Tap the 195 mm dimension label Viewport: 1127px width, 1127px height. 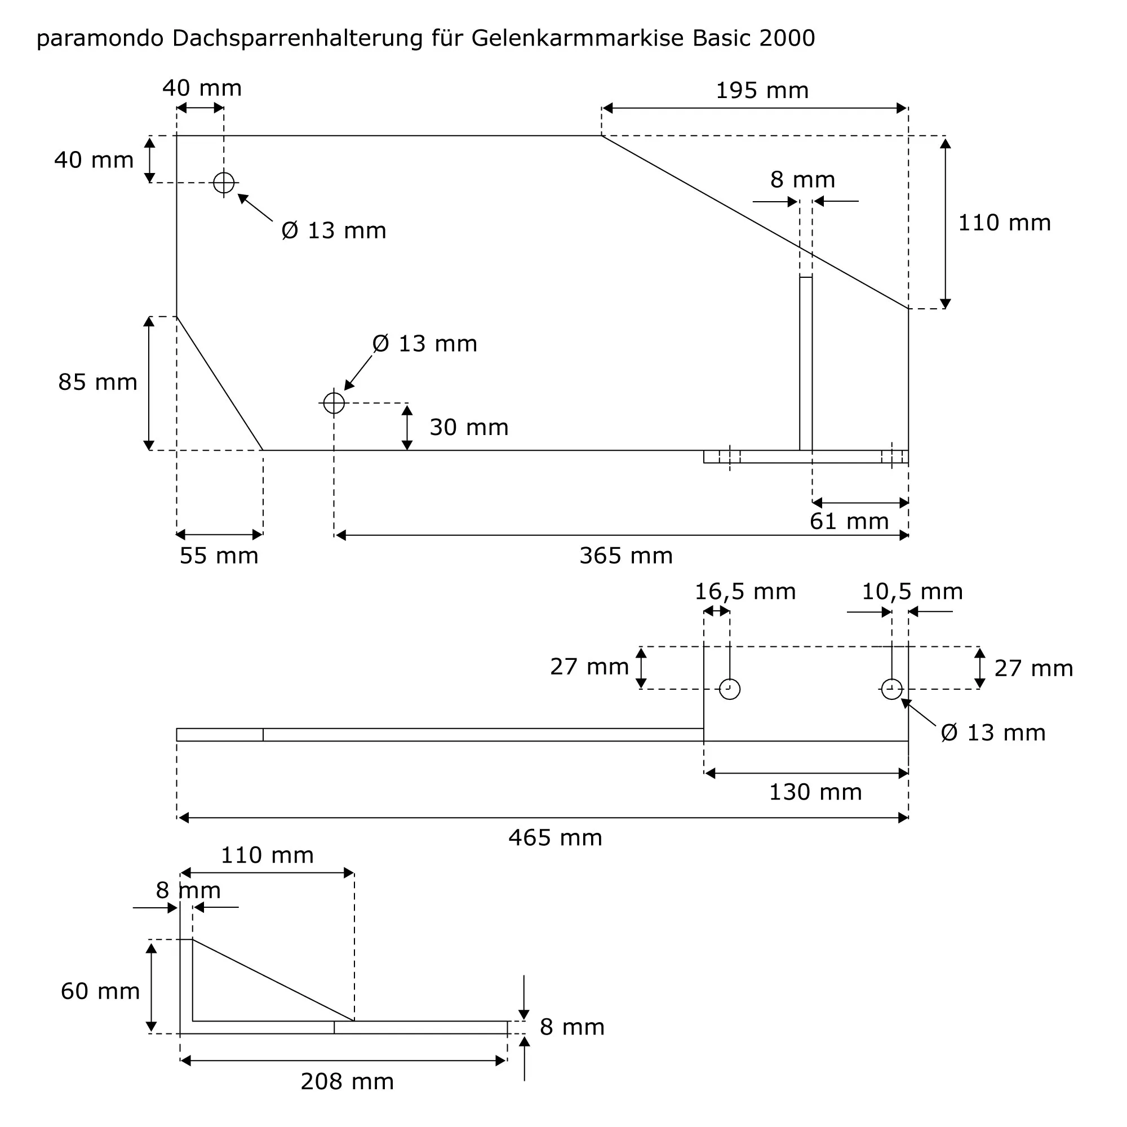pos(762,90)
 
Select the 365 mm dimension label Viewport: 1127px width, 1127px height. pos(625,556)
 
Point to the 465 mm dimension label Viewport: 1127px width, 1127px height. pos(554,838)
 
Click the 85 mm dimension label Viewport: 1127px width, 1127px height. pos(97,382)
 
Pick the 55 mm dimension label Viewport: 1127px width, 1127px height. pos(219,556)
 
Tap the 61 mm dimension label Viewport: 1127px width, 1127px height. pos(849,521)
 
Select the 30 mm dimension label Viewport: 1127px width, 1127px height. pos(469,427)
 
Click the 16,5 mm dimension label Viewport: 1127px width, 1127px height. pos(745,592)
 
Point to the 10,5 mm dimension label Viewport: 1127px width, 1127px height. pos(912,592)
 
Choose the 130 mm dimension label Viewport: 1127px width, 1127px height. pos(815,792)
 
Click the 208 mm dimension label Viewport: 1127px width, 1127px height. pos(347,1081)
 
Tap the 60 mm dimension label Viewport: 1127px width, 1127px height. pos(100,991)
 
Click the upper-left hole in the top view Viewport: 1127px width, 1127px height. pos(223,183)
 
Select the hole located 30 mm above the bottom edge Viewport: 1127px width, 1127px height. pos(334,402)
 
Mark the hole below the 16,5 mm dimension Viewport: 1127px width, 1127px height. pos(730,689)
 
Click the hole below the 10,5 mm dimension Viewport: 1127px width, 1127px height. pos(891,689)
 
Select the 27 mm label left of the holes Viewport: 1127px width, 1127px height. pos(589,666)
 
